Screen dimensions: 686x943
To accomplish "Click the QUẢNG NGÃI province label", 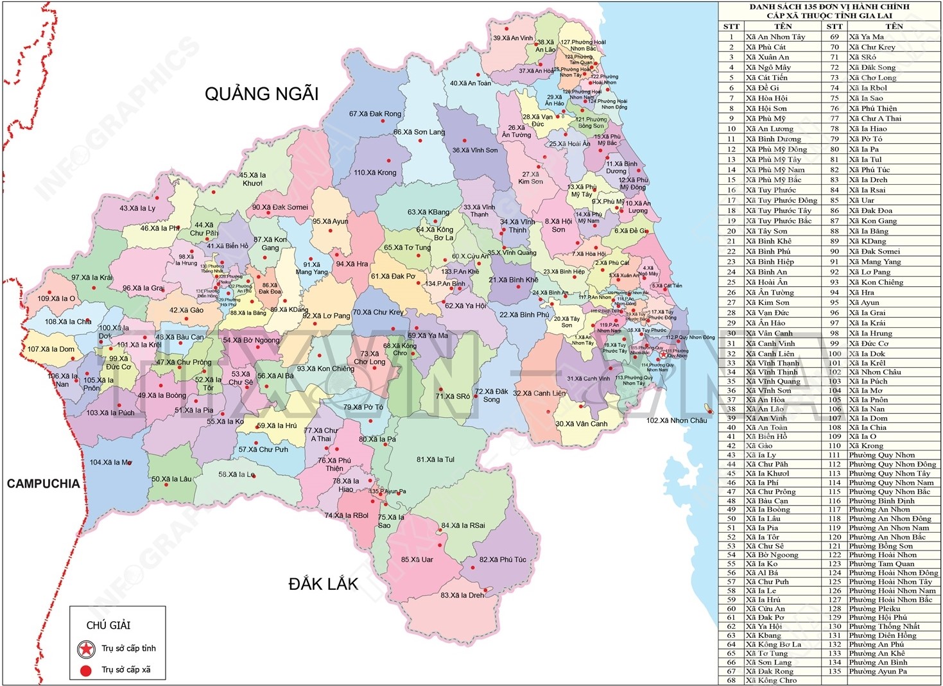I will tap(261, 94).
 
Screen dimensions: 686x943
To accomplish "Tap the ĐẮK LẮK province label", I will tap(323, 584).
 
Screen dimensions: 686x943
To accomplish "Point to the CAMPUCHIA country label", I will tap(43, 484).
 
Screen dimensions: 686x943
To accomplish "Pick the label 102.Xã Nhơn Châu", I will tap(677, 421).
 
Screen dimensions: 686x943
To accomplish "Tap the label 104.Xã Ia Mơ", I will tap(110, 463).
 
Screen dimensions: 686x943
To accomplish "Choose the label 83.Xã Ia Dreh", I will tap(462, 595).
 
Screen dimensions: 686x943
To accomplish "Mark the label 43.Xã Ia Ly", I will tap(137, 209).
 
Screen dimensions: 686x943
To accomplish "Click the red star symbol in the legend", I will tap(86, 649).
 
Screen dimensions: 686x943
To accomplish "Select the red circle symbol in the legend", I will tap(86, 670).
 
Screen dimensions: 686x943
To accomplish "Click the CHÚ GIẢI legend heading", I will tap(108, 625).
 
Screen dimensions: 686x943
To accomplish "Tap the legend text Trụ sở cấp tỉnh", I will tap(128, 649).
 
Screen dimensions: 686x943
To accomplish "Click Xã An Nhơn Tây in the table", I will tap(775, 37).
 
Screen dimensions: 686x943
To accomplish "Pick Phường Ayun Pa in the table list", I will tap(878, 671).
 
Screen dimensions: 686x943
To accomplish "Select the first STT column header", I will tap(731, 26).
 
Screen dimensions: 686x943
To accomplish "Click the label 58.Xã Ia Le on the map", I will tap(236, 475).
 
